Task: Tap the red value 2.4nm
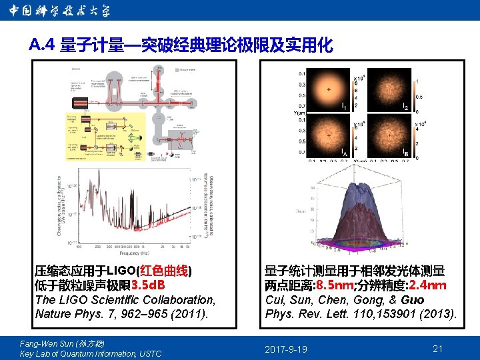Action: [427, 285]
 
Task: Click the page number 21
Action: [438, 349]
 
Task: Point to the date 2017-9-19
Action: [286, 349]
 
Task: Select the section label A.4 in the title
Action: [43, 45]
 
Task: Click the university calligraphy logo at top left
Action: [60, 11]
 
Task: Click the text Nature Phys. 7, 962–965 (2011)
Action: [121, 314]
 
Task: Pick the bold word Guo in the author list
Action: [412, 300]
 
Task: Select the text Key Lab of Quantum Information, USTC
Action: [91, 354]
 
